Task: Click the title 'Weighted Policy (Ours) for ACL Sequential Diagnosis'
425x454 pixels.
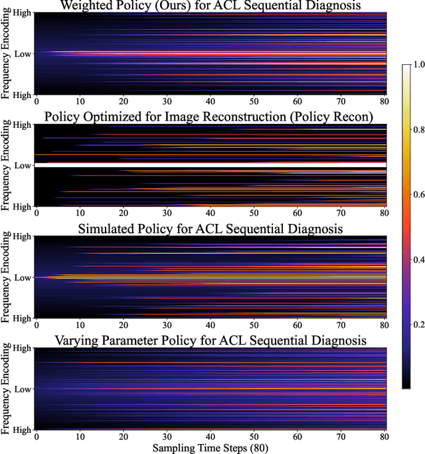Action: pos(211,6)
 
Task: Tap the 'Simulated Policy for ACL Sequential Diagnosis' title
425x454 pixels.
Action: pos(211,229)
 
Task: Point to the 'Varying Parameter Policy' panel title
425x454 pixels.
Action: pos(211,340)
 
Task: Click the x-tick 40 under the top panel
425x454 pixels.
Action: pos(211,101)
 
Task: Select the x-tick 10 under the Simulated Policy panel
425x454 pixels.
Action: pos(80,325)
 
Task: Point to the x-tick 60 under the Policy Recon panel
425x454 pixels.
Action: pos(298,213)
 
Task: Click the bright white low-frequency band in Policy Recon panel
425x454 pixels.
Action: pos(211,164)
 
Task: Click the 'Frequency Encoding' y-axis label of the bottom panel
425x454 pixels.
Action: pos(7,388)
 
